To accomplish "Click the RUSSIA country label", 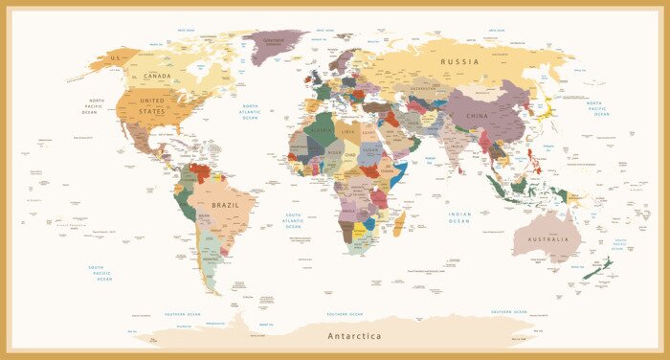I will [458, 61].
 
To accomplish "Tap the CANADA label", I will [157, 76].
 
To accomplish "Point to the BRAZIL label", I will [226, 205].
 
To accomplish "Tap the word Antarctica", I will [354, 336].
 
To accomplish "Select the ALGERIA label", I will [322, 130].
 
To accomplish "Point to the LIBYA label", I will [348, 131].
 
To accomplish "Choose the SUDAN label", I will [371, 151].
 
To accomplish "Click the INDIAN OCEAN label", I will [459, 217].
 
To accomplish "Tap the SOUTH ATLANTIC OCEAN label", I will [293, 220].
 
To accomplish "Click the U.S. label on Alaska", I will [116, 58].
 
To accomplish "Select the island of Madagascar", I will [399, 225].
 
